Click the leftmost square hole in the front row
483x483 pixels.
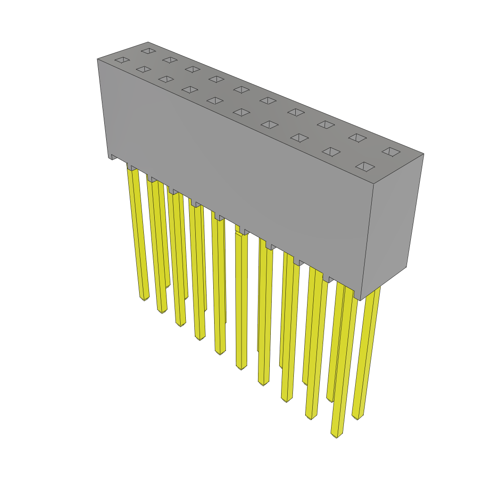pos(122,60)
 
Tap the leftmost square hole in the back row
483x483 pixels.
pos(149,50)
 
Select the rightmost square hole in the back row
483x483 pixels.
pos(391,151)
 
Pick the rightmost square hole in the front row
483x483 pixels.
pos(365,167)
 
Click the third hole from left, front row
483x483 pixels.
pos(166,79)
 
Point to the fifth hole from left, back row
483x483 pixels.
pos(241,89)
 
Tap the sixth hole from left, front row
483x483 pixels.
pos(241,112)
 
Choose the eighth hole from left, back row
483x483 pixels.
pos(326,125)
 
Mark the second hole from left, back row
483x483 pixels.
pos(170,60)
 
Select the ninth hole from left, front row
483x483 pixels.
pos(331,151)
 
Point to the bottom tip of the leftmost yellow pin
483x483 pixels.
pos(144,298)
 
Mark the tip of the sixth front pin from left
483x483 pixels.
pos(241,367)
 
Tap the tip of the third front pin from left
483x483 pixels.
pos(181,324)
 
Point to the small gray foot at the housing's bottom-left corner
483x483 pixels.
pos(114,157)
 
